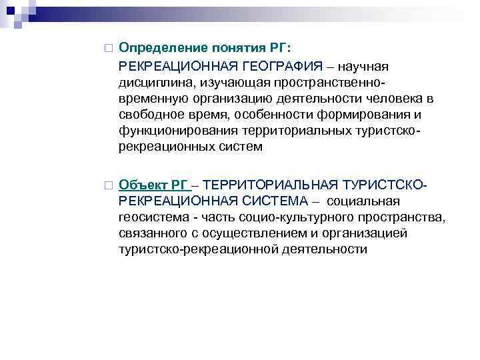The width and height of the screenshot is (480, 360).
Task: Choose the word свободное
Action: [149, 115]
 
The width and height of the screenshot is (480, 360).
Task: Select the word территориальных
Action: [303, 131]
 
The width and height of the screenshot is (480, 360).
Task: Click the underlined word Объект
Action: [141, 184]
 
